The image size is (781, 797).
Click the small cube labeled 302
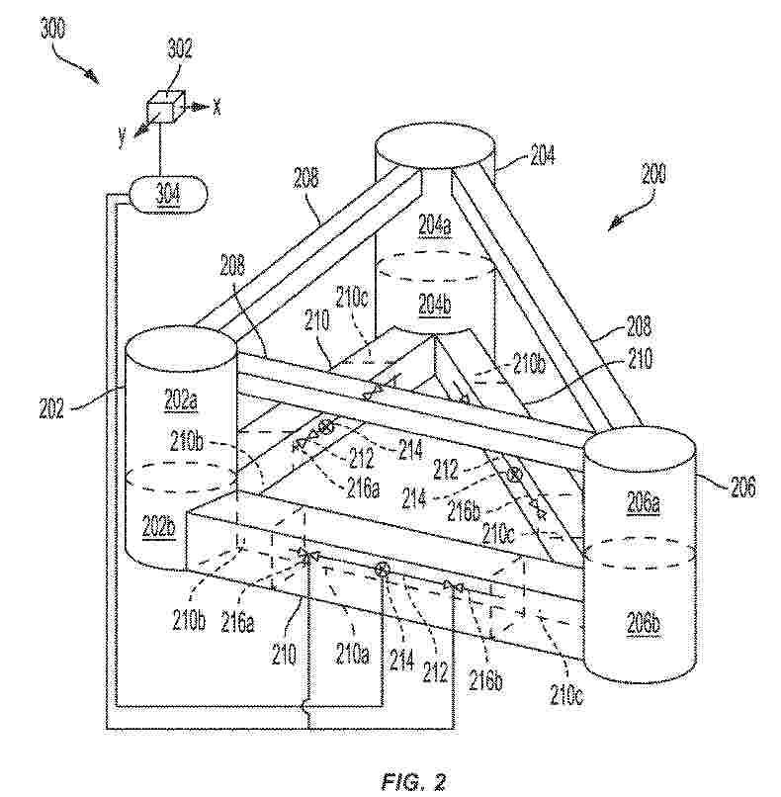point(165,107)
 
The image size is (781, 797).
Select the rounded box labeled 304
point(166,195)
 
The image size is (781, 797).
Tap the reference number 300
point(52,29)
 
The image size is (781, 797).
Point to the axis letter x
point(217,107)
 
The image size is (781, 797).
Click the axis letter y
point(122,136)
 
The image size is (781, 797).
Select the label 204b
point(434,305)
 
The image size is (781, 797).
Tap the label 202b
point(158,526)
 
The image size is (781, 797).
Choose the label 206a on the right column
point(643,503)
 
